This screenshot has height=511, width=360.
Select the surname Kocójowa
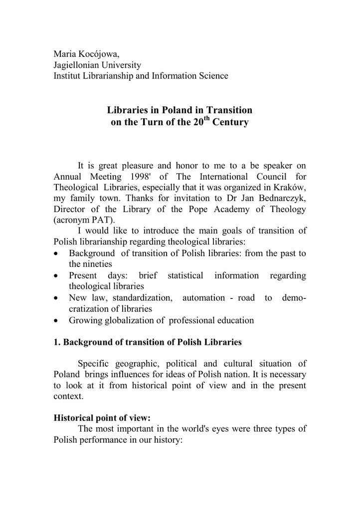click(100, 53)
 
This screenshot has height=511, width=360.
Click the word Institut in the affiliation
click(68, 76)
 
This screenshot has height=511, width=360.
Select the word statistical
click(185, 275)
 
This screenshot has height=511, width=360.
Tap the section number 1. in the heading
click(57, 342)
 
